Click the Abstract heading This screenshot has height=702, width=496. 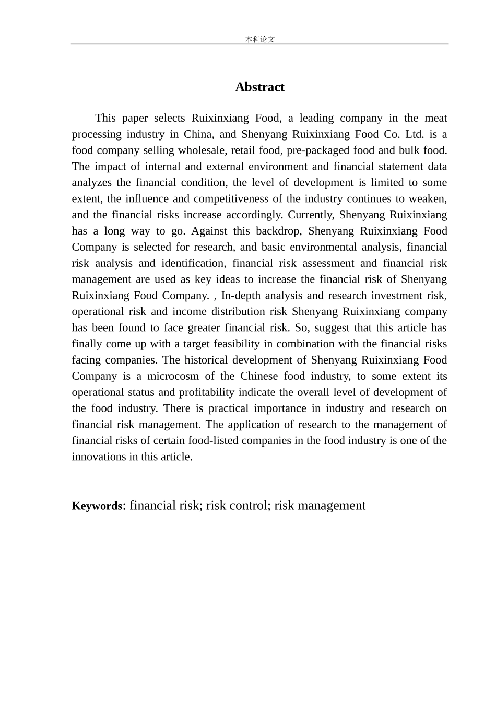click(259, 87)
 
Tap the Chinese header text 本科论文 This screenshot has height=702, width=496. click(259, 39)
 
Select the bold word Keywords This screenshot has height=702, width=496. click(97, 506)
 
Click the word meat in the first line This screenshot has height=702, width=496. click(435, 118)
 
